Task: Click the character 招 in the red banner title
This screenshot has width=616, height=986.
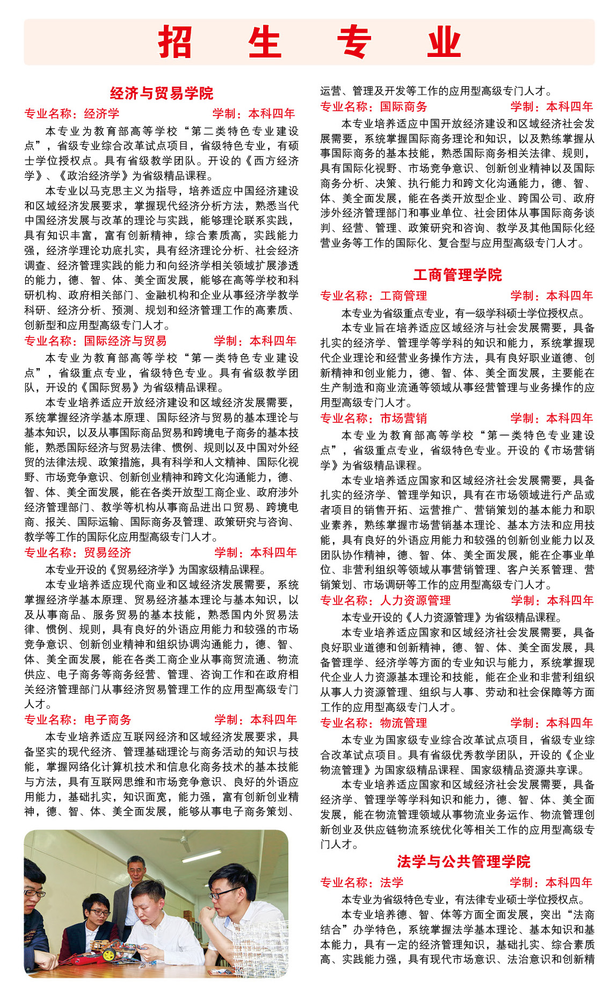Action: coord(175,42)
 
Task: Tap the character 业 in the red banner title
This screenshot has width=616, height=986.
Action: coord(444,42)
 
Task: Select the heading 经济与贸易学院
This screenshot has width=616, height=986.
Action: coord(161,93)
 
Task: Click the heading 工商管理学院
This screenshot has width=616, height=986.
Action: coord(457,275)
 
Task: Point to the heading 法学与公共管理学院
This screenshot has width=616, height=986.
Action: coord(463,862)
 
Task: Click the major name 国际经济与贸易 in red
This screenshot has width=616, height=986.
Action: coord(125,341)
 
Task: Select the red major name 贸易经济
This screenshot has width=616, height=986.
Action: coord(107,552)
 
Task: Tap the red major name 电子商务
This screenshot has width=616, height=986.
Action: coord(107,720)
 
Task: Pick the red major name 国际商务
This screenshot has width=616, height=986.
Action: coord(403,106)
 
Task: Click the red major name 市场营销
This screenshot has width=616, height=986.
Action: coord(403,418)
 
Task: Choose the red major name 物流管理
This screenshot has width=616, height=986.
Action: coord(403,723)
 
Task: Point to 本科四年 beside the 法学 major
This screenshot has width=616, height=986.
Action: coord(569,882)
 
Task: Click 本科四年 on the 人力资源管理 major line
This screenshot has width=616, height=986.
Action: coord(570,601)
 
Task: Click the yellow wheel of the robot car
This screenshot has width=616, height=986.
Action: coord(109,955)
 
